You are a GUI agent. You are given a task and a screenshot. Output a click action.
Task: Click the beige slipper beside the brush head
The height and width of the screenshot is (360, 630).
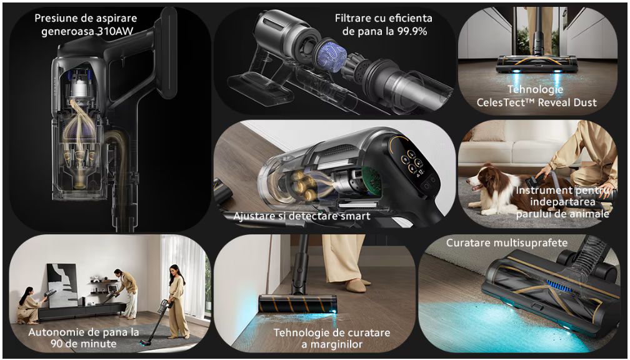(x=355, y=286)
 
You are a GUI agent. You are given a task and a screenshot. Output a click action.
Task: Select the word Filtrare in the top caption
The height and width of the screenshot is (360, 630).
(x=351, y=19)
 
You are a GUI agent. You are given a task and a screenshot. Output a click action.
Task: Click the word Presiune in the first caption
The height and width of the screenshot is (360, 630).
(x=54, y=19)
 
